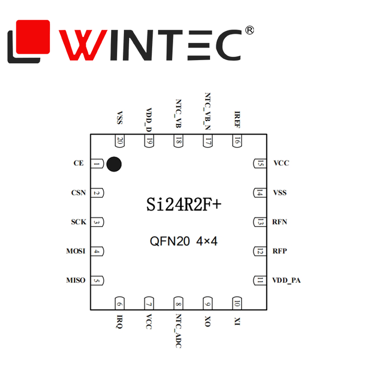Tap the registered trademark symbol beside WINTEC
250,31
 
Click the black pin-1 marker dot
114,164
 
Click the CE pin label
78,163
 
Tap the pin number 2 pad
97,193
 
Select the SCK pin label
78,222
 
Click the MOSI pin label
76,251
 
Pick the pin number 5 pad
97,281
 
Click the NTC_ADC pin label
178,331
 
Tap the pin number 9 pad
208,303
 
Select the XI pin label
237,321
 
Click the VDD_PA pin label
286,280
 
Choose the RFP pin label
280,251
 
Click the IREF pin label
237,119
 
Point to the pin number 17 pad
208,141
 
